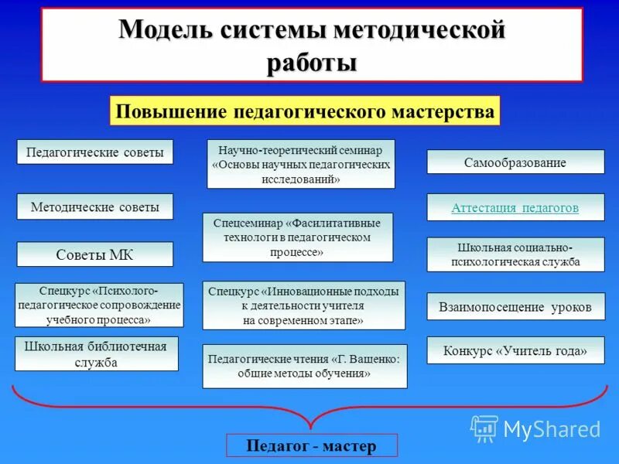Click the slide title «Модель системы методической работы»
(x=312, y=45)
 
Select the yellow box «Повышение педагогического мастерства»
(x=305, y=111)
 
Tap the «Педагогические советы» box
(x=95, y=152)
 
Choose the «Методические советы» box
(x=95, y=207)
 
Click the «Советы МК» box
(x=95, y=254)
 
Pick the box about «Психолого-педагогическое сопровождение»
(x=99, y=305)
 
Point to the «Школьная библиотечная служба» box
(x=97, y=353)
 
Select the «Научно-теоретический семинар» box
(x=301, y=164)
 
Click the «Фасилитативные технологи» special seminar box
(x=298, y=237)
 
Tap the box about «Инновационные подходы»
(x=303, y=305)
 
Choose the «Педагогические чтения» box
(x=305, y=366)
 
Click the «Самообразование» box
(x=515, y=162)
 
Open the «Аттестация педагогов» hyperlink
(x=515, y=208)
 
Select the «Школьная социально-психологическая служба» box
(x=515, y=254)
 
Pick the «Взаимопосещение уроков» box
(x=515, y=307)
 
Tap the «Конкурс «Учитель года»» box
(x=515, y=351)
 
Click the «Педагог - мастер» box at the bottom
(x=312, y=445)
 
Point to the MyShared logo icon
(x=484, y=428)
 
